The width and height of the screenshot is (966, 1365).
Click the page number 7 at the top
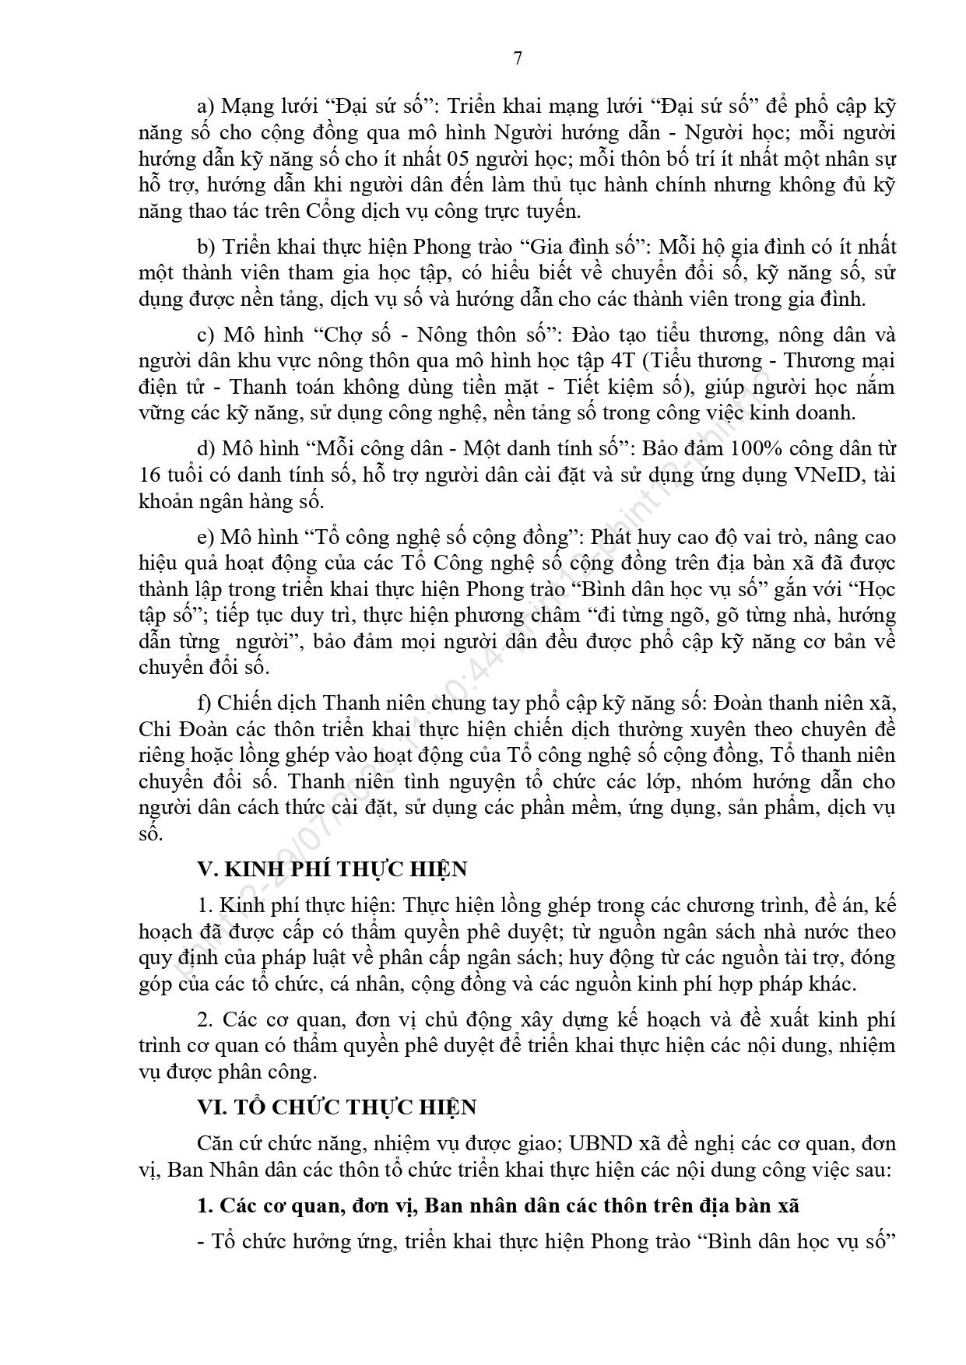pos(518,59)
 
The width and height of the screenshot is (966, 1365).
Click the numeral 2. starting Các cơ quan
pos(206,1019)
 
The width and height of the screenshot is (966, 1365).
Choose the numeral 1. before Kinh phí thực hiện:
pos(206,906)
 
